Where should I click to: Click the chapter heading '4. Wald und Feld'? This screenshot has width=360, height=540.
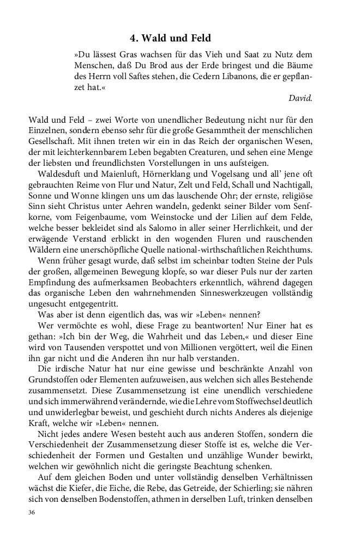pyautogui.click(x=170, y=38)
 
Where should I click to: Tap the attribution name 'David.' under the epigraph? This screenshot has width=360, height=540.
pyautogui.click(x=301, y=99)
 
